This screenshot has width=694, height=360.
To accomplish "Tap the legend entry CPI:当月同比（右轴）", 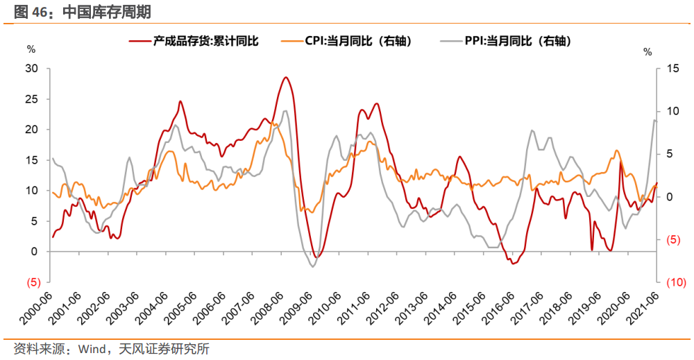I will tap(358, 42).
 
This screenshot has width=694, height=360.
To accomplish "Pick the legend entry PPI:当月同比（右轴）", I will tap(517, 42).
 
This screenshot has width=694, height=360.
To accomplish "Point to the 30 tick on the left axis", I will tap(31, 68).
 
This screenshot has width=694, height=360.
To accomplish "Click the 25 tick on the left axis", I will tap(31, 98).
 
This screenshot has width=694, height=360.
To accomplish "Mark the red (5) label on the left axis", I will tap(32, 282).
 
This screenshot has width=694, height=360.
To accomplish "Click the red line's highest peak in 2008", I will tap(285, 77).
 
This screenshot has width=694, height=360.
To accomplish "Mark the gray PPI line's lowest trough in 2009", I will tap(312, 266).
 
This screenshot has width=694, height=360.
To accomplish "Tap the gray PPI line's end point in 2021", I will tap(657, 121).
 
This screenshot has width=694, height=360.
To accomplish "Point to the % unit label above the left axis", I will tap(31, 49).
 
